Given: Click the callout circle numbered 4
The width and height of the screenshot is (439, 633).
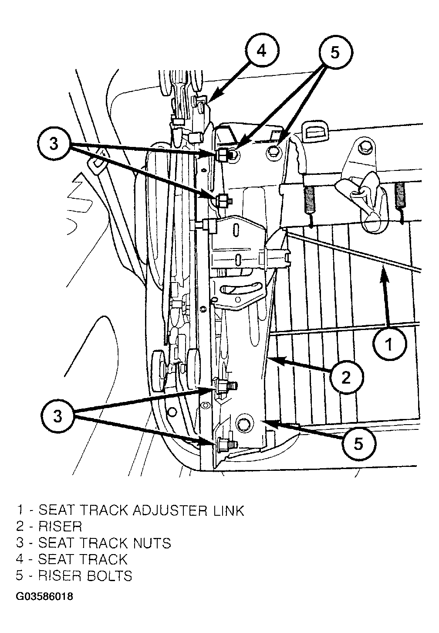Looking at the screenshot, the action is (x=262, y=51).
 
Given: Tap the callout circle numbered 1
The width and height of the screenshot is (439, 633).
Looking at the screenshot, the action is (x=389, y=345).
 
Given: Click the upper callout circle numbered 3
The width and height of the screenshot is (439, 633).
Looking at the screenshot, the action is (x=54, y=144).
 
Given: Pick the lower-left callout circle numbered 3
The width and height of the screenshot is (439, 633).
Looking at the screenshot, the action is (x=58, y=416).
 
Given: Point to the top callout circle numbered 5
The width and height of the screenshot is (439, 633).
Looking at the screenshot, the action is (x=335, y=52).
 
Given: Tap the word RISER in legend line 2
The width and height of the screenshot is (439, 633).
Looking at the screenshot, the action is (x=60, y=527).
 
